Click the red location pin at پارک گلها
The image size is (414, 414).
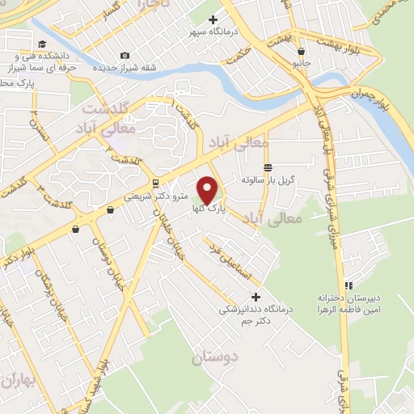(x=208, y=188)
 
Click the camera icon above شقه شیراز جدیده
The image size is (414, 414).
(x=124, y=55)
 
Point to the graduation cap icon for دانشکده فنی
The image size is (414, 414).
(x=41, y=44)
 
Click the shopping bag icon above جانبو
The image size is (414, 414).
(x=301, y=51)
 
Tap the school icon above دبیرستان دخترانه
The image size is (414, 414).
(x=349, y=285)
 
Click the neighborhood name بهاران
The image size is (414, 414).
(x=18, y=380)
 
